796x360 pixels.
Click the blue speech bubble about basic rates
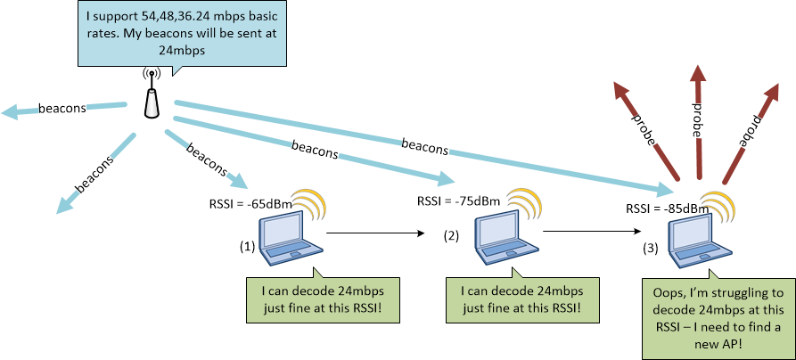coord(183,33)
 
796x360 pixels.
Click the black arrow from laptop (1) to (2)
coord(373,233)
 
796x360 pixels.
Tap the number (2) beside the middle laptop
coord(451,236)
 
